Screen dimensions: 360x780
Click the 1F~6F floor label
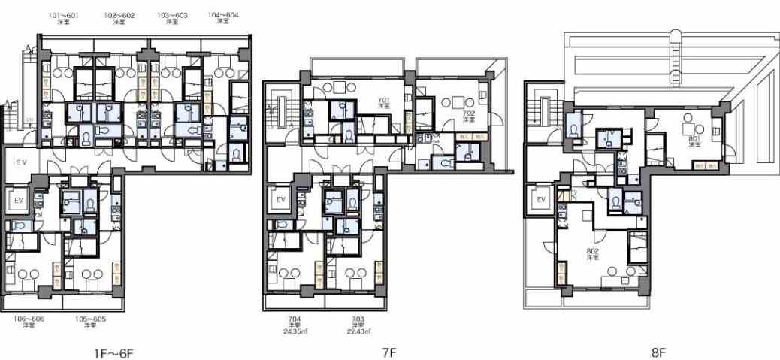(x=114, y=352)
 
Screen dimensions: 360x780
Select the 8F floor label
(x=658, y=352)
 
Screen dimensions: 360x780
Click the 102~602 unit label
(x=119, y=15)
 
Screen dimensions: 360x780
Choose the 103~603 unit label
(x=172, y=15)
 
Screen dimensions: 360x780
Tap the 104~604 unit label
(x=223, y=15)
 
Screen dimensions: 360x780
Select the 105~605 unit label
(x=89, y=319)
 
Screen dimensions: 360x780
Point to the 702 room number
(x=469, y=113)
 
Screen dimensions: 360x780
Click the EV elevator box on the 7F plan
(x=281, y=200)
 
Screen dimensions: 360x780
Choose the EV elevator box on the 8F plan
(x=540, y=200)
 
